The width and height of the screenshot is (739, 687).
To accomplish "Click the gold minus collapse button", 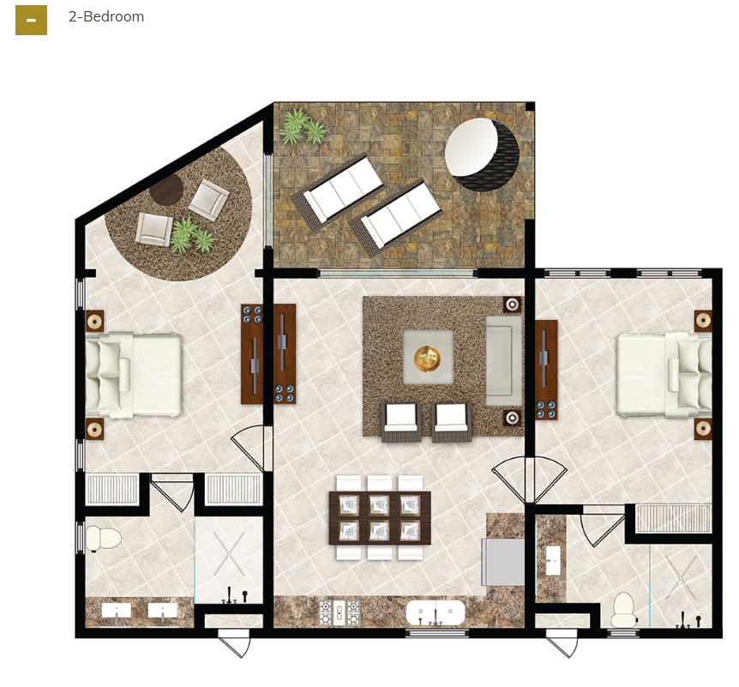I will point(31,19).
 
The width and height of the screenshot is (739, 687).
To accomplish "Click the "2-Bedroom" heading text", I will point(106,17).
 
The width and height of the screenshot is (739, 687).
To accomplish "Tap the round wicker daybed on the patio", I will point(482,154).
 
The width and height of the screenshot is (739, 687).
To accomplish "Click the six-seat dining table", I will point(380,517).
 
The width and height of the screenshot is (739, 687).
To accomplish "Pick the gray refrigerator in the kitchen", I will point(502,562).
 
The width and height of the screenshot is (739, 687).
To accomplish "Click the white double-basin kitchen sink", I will point(436,613).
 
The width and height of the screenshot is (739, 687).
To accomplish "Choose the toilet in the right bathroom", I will point(623,608).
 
